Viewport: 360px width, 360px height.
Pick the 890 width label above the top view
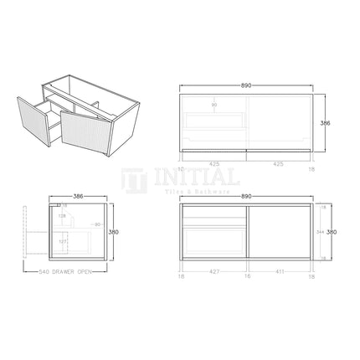point(246,86)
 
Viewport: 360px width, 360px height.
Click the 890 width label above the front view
point(246,196)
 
